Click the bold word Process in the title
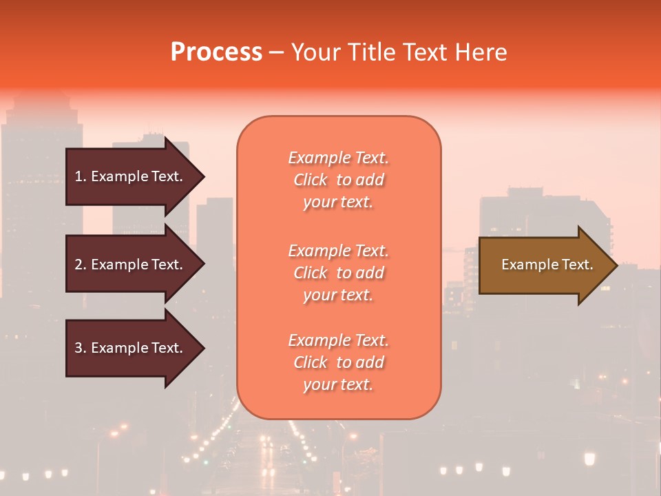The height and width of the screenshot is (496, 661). [x=216, y=52]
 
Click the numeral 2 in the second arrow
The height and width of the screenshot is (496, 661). [x=78, y=265]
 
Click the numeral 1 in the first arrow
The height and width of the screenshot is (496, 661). [x=78, y=176]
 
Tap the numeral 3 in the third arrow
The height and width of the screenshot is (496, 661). [x=78, y=348]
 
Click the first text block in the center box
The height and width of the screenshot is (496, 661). [x=338, y=180]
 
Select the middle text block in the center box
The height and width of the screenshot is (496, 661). [x=338, y=273]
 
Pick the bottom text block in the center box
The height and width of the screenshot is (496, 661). [x=338, y=362]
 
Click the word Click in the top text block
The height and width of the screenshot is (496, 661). [x=311, y=180]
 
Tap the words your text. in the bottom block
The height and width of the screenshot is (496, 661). [x=338, y=384]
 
